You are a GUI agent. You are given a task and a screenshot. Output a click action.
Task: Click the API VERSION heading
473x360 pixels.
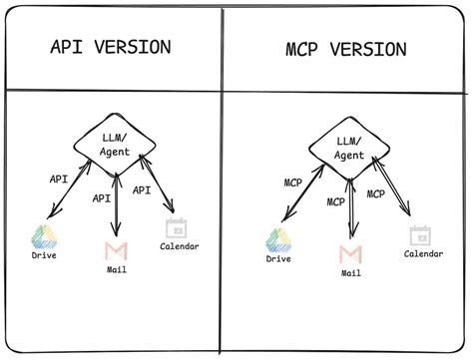[109, 47]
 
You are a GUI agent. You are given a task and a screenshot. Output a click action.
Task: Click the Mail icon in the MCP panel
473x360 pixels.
[350, 252]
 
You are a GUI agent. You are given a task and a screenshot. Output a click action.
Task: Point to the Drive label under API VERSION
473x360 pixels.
[44, 258]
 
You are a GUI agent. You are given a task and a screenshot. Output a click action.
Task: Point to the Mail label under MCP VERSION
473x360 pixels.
[350, 272]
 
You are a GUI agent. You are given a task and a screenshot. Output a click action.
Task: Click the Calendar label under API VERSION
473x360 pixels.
[180, 246]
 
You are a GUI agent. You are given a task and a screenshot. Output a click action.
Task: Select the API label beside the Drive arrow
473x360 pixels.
[59, 180]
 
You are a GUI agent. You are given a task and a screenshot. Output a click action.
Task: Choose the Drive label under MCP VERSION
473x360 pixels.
[278, 259]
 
